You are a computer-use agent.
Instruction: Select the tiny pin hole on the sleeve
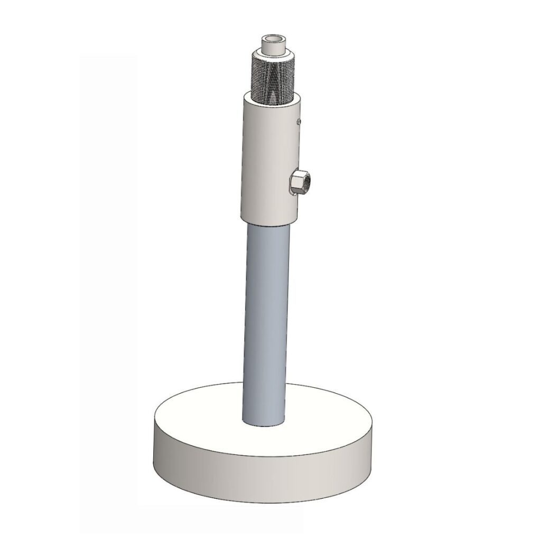tap(299, 122)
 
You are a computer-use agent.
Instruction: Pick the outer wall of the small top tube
tap(272, 48)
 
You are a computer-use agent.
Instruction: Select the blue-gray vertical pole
tap(264, 317)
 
